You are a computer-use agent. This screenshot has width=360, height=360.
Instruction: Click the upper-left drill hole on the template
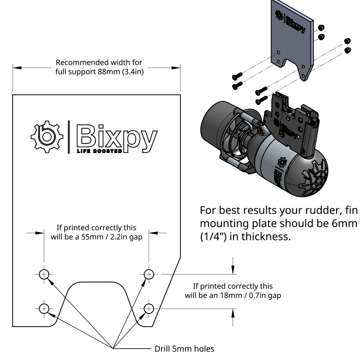[44, 274]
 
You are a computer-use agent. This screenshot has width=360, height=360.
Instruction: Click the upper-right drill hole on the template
[149, 274]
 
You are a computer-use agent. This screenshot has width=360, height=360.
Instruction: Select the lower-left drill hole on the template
[44, 308]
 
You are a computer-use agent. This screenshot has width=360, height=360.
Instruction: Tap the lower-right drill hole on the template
[149, 308]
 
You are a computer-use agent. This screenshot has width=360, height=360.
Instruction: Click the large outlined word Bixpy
[117, 136]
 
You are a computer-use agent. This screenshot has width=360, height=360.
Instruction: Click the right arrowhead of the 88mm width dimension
[176, 68]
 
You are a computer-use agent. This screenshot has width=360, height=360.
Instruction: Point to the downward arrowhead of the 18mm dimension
[233, 270]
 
